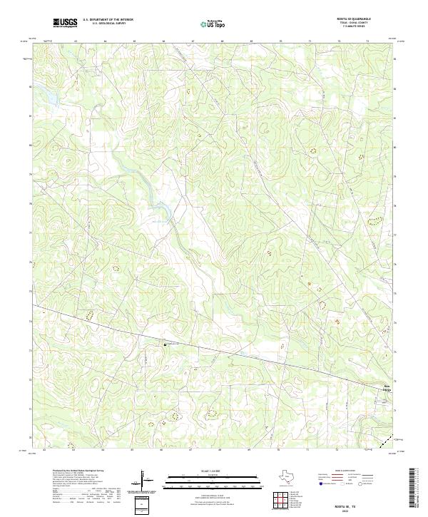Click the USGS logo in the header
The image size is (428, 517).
pyautogui.click(x=65, y=23)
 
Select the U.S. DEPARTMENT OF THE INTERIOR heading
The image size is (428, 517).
pyautogui.click(x=108, y=20)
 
